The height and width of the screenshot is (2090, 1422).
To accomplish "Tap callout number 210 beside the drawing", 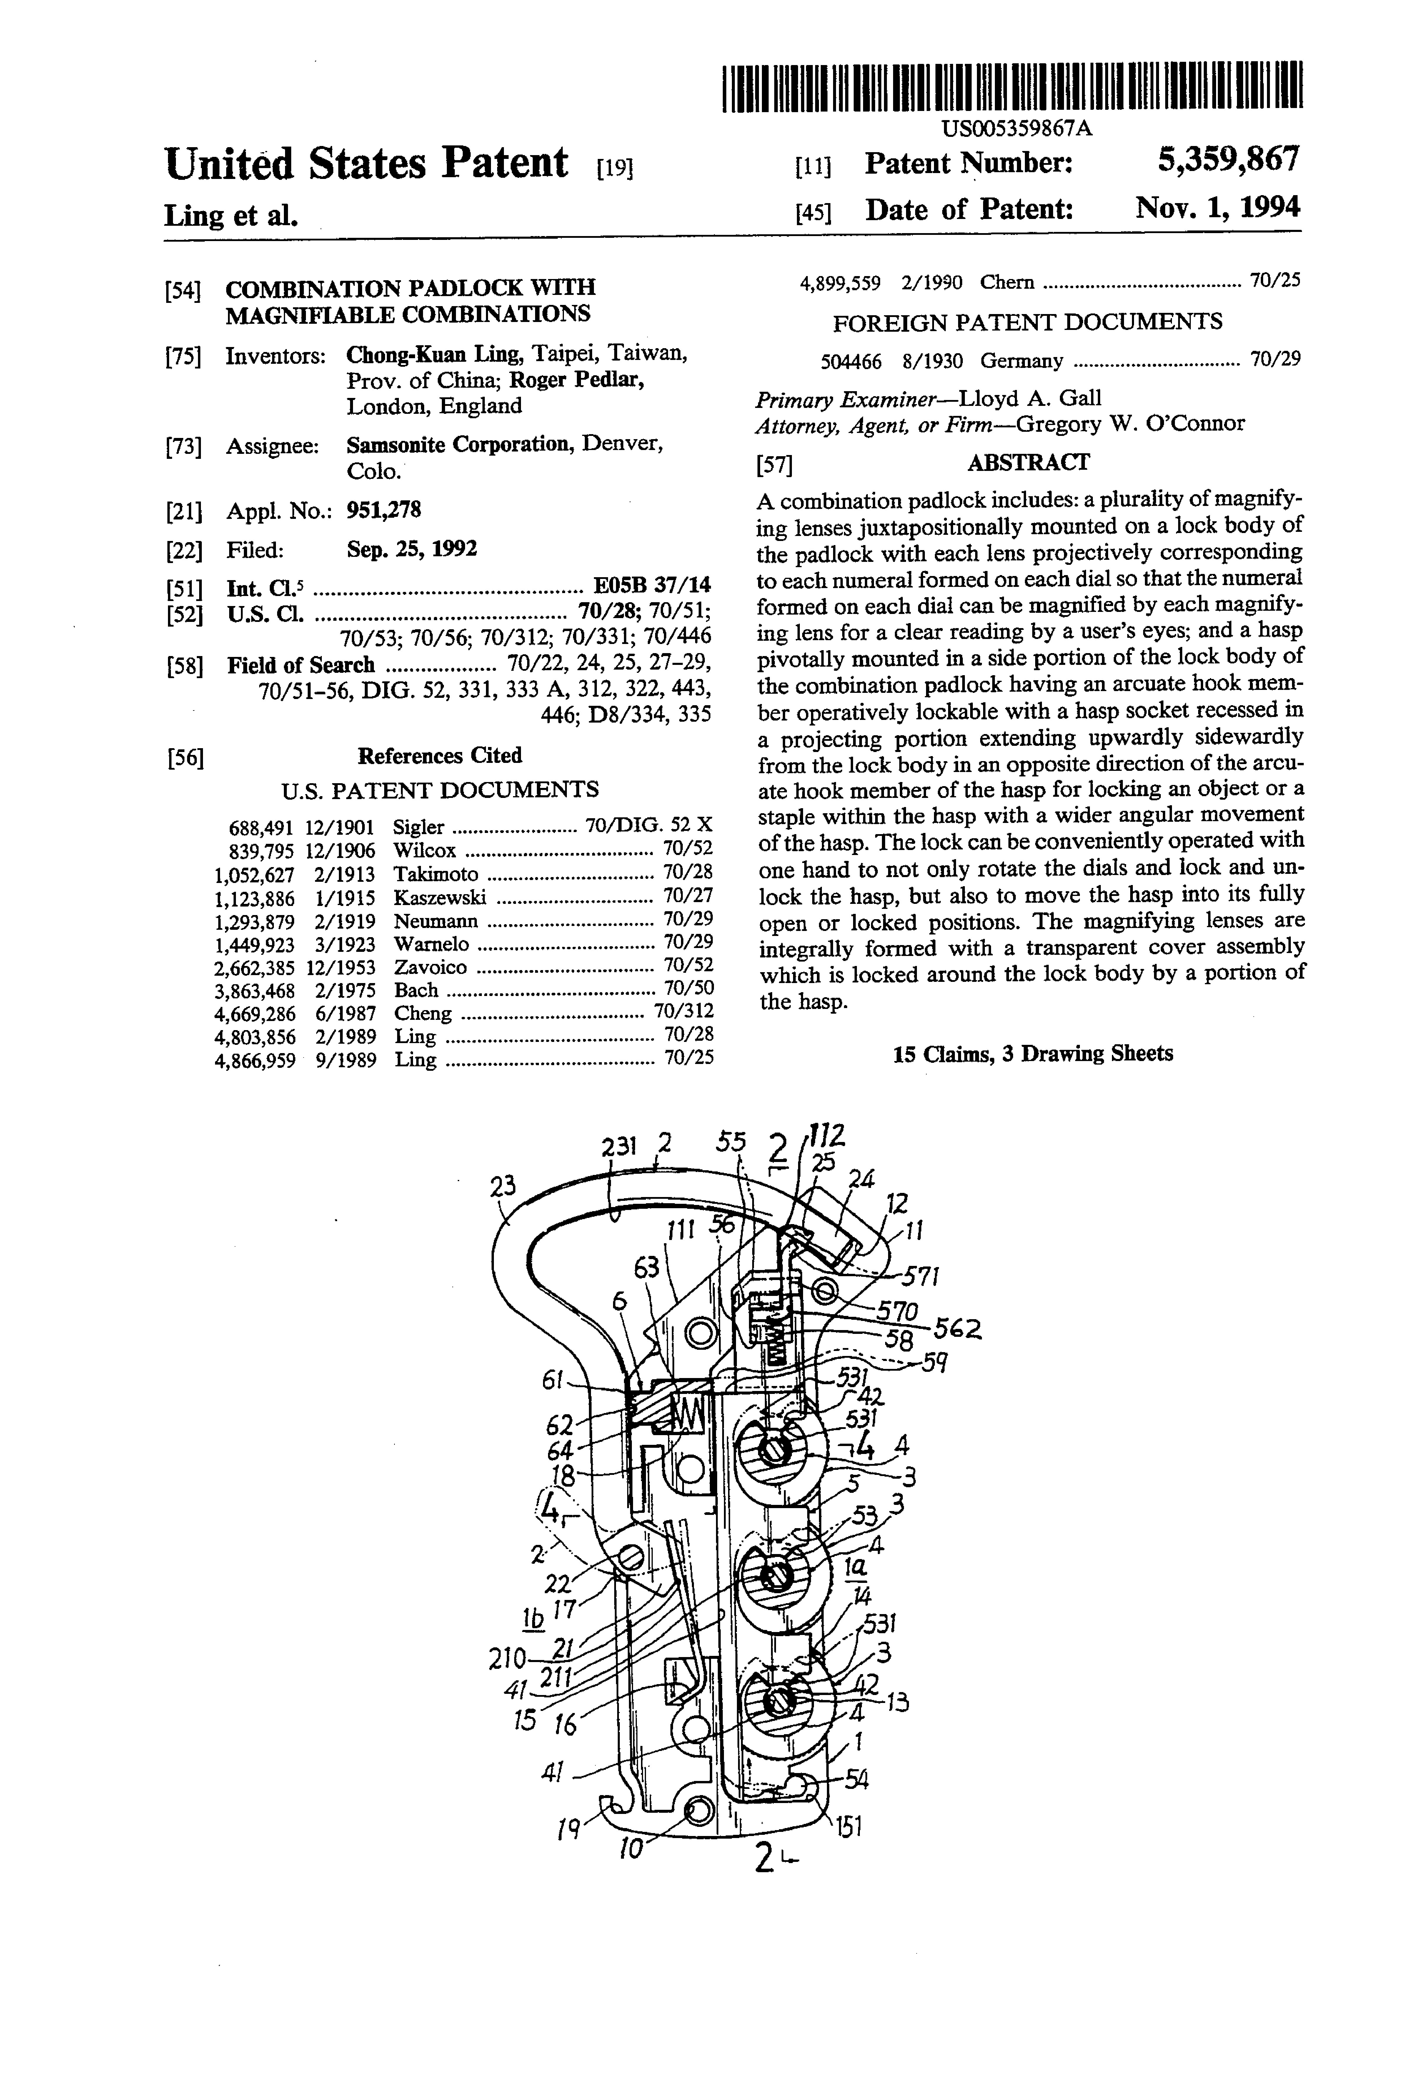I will (506, 1657).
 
